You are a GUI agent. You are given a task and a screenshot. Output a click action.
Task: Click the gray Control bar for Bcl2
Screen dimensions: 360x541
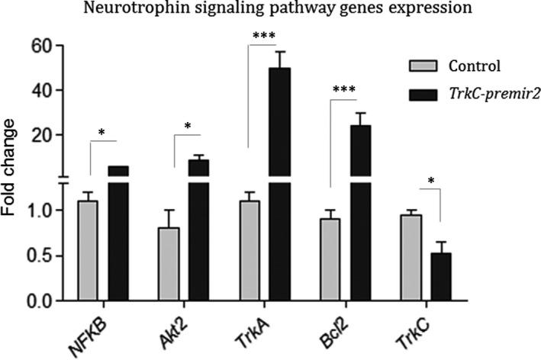click(330, 259)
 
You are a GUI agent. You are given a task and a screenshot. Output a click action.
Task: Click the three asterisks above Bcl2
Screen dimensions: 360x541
click(344, 90)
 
